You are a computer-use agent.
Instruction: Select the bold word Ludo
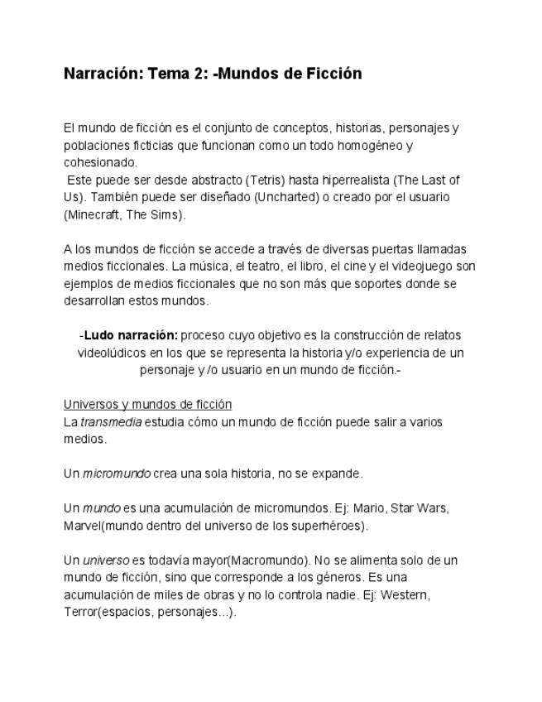point(99,335)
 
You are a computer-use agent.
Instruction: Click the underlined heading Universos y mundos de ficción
point(147,404)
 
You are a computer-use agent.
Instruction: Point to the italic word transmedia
point(111,421)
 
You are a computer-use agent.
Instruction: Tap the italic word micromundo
point(117,474)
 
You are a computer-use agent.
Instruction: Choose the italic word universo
point(108,560)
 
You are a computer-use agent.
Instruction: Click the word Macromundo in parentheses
point(261,560)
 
